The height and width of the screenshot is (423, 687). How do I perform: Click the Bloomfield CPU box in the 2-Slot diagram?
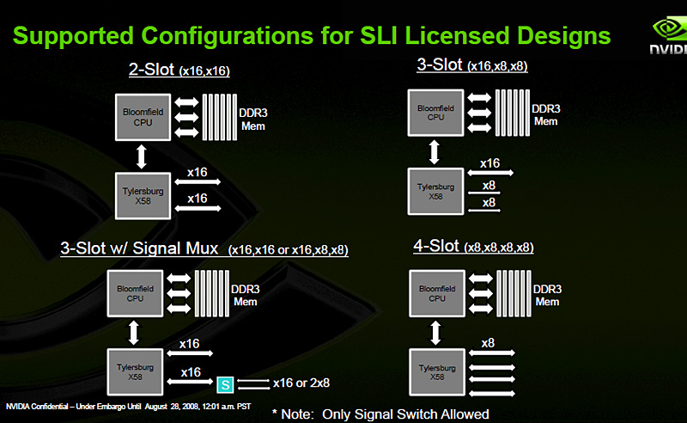tap(138, 119)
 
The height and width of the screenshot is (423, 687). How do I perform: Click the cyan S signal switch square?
tap(226, 383)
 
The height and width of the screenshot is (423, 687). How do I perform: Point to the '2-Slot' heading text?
tap(151, 71)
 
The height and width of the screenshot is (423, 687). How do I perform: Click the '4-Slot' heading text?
tap(435, 246)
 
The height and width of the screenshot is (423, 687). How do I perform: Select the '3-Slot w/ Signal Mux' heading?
tap(141, 248)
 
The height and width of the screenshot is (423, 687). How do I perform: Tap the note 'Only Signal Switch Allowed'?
tap(405, 414)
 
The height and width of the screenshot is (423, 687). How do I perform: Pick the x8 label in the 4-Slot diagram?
tap(488, 343)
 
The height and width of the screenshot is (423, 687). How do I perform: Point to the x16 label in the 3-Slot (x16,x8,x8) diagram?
tap(489, 162)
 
